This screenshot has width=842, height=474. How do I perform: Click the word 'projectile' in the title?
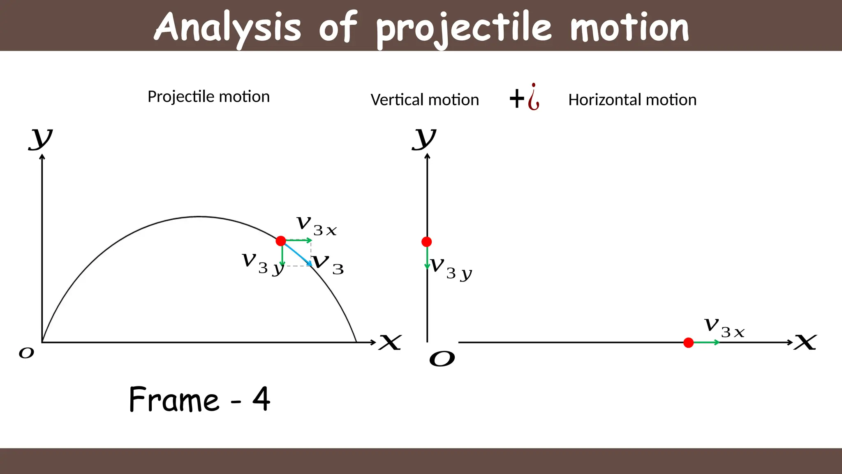point(464,28)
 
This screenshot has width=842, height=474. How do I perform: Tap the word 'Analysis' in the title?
point(227,28)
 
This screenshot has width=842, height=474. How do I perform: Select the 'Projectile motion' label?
point(208,97)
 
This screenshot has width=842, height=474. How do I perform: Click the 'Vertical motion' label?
point(425,100)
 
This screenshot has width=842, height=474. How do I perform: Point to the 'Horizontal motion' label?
point(632,100)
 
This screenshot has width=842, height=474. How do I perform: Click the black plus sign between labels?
point(517,99)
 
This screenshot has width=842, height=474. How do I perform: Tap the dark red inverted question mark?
point(534,97)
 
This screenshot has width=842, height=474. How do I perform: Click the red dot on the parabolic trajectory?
point(281,241)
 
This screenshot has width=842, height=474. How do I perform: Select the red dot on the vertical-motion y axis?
point(427,242)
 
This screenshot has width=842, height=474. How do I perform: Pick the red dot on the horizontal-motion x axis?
point(689,342)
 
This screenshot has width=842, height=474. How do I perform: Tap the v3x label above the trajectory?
point(316,225)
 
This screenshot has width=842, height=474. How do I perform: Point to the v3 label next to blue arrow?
point(328,264)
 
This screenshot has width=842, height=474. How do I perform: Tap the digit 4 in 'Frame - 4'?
point(261,399)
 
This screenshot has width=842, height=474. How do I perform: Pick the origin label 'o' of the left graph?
point(26,353)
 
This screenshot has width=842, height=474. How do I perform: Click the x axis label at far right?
point(805,342)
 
